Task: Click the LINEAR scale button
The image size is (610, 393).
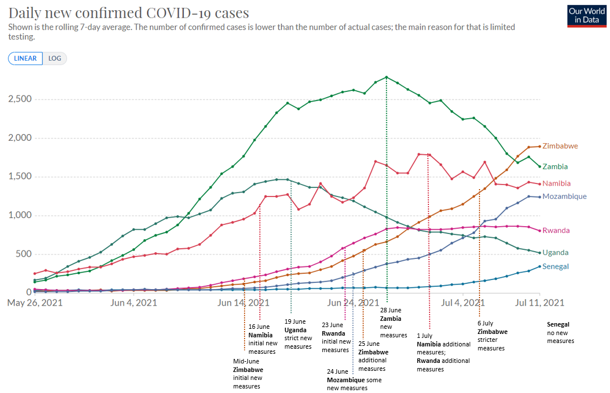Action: [25, 58]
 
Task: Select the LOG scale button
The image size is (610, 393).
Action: [55, 58]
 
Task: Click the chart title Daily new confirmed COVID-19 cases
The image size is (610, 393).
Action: [128, 12]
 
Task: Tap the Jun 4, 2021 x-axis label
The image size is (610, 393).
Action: [134, 303]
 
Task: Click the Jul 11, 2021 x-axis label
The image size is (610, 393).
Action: [539, 303]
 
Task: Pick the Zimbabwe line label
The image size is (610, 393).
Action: [560, 146]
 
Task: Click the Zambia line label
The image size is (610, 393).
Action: [556, 166]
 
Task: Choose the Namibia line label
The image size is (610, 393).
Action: [557, 183]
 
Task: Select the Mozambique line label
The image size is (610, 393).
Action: [564, 196]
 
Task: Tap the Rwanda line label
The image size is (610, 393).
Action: [556, 231]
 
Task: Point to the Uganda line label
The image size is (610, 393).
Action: [556, 253]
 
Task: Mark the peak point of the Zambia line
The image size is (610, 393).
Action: [386, 77]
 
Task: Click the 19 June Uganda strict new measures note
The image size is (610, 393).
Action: [298, 334]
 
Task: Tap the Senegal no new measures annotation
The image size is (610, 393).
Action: [560, 333]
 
